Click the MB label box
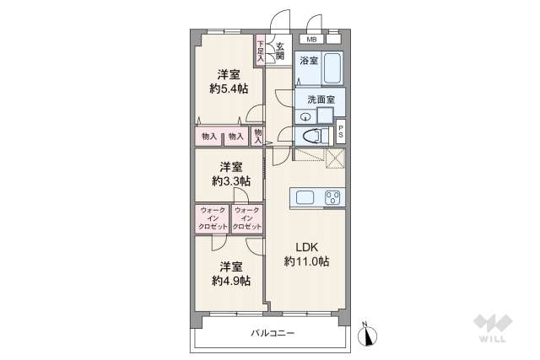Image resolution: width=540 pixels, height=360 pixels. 312,40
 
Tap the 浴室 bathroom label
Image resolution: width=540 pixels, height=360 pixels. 308,61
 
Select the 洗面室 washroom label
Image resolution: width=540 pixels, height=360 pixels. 321,99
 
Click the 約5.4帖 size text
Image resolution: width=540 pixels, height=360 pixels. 229,87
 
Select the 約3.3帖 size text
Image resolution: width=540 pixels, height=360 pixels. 230,180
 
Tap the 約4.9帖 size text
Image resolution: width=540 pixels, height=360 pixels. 229,281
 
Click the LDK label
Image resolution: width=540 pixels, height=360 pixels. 305,247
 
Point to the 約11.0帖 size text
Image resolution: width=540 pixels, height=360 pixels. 305,262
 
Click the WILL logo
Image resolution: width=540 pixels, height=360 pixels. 491,327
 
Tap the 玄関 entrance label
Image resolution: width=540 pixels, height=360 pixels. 280,52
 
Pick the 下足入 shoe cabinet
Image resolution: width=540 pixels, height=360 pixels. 261,51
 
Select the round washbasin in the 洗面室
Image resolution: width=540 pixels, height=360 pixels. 305,116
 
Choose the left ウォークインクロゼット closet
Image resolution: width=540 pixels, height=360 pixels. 211,219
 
